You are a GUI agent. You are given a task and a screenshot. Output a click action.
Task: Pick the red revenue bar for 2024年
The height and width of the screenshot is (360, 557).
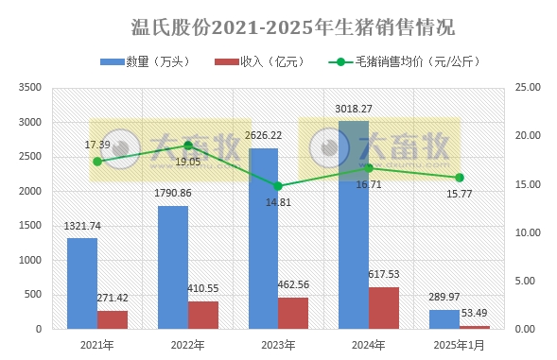click(x=384, y=307)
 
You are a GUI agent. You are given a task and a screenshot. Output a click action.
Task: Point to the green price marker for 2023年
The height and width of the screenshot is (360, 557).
click(x=278, y=186)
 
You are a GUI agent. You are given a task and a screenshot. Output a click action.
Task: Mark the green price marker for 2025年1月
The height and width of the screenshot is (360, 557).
click(x=460, y=178)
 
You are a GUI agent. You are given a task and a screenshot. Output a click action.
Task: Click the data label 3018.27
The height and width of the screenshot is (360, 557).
click(x=356, y=110)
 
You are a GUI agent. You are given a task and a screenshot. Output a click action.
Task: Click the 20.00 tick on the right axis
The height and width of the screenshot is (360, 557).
click(x=526, y=136)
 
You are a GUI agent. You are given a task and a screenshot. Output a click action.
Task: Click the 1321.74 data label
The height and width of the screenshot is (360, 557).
click(x=82, y=227)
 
